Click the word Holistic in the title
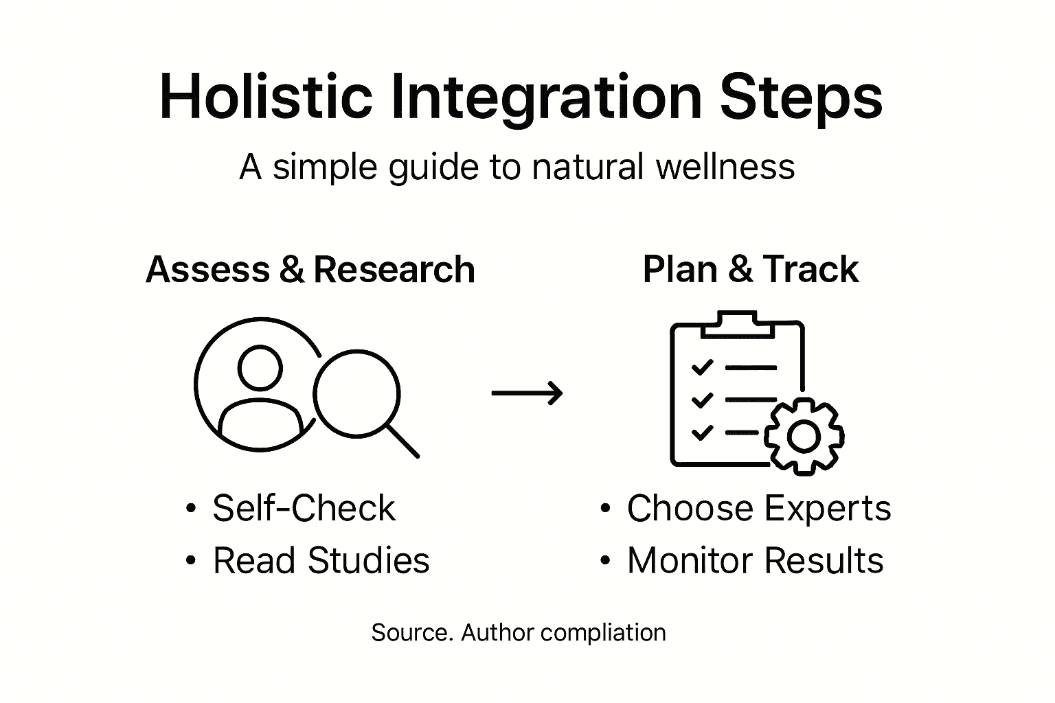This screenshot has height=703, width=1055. click(266, 97)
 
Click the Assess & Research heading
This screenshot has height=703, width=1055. click(310, 269)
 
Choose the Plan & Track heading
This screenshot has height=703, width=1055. click(751, 269)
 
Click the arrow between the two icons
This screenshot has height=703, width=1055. click(527, 393)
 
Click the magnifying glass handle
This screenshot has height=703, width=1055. click(403, 441)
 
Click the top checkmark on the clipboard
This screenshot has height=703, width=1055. click(702, 367)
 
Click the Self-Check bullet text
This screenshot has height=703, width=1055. click(304, 509)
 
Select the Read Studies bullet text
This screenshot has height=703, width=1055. click(321, 560)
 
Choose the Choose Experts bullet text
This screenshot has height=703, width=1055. click(759, 509)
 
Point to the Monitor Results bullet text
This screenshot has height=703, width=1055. click(756, 560)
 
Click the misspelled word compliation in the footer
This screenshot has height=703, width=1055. click(603, 633)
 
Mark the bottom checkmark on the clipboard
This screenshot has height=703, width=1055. click(702, 433)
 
